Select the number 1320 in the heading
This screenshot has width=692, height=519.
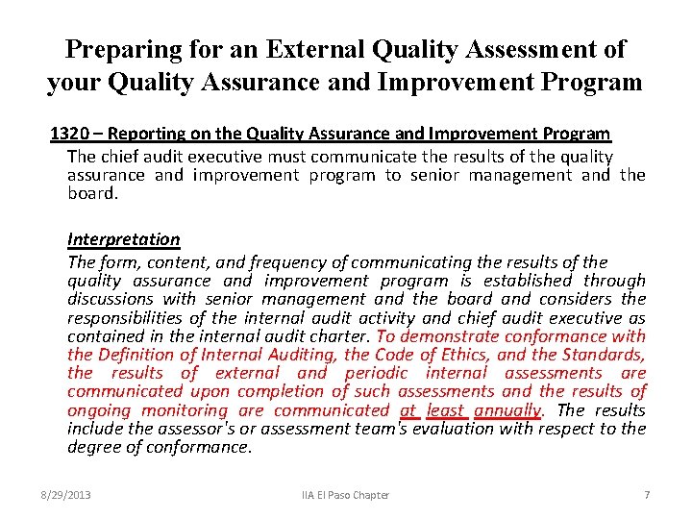tap(68, 134)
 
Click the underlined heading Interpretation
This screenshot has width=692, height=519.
tap(123, 238)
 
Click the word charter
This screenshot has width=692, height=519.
tap(340, 336)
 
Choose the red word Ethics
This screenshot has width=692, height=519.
tap(439, 355)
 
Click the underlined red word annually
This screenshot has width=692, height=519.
tap(509, 410)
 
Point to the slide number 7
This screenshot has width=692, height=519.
tap(647, 495)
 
